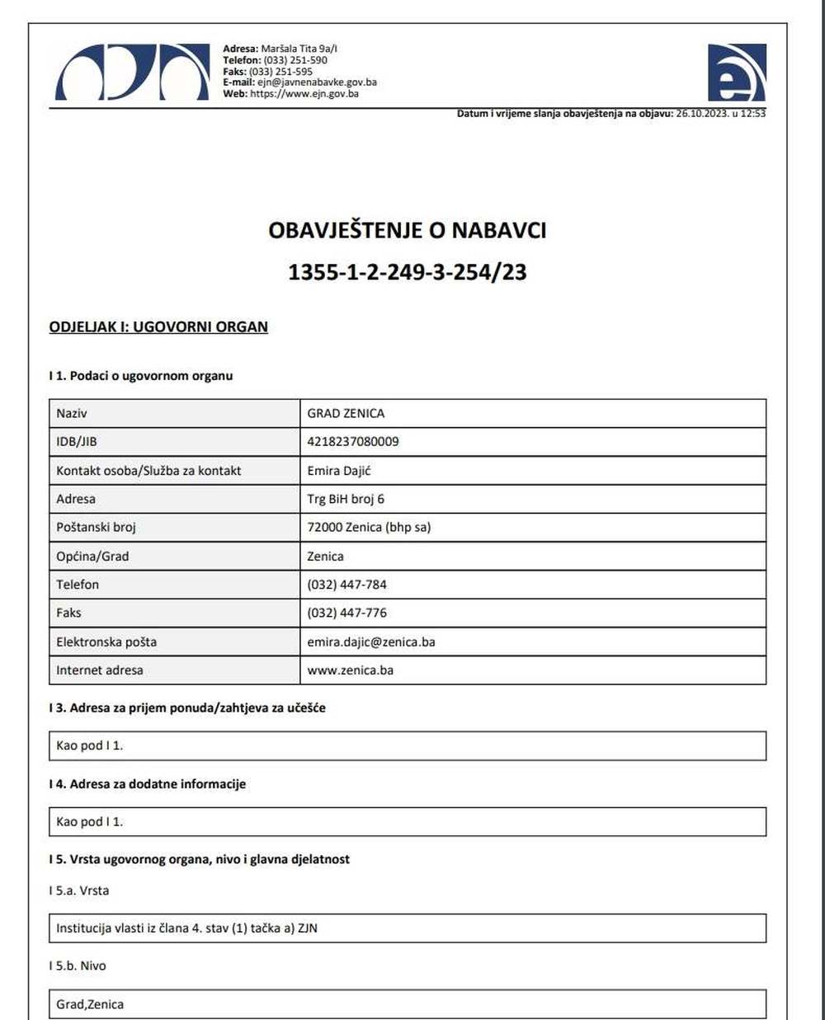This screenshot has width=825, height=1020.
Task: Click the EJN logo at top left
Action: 132,72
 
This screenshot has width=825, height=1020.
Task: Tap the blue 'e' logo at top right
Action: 736,73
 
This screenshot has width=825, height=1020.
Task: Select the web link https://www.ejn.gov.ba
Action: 304,94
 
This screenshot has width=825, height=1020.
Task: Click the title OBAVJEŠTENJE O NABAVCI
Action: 408,230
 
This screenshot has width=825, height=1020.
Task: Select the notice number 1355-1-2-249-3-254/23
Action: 408,272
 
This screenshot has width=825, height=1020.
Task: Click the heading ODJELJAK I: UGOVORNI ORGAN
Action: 158,327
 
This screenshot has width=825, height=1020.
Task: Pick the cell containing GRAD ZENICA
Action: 346,413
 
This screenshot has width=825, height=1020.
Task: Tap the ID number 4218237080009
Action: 353,441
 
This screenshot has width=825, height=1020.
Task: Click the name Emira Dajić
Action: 339,471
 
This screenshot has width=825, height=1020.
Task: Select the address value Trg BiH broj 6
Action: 346,499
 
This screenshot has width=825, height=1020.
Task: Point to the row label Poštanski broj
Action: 96,527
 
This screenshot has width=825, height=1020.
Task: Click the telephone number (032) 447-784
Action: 346,585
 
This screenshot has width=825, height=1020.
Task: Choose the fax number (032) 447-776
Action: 346,613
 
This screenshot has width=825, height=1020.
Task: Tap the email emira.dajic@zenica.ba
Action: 371,642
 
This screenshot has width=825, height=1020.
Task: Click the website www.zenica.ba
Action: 351,670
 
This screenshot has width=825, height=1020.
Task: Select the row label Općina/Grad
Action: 92,556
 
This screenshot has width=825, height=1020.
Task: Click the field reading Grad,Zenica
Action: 90,1004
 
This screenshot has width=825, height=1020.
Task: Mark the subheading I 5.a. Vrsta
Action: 79,891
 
